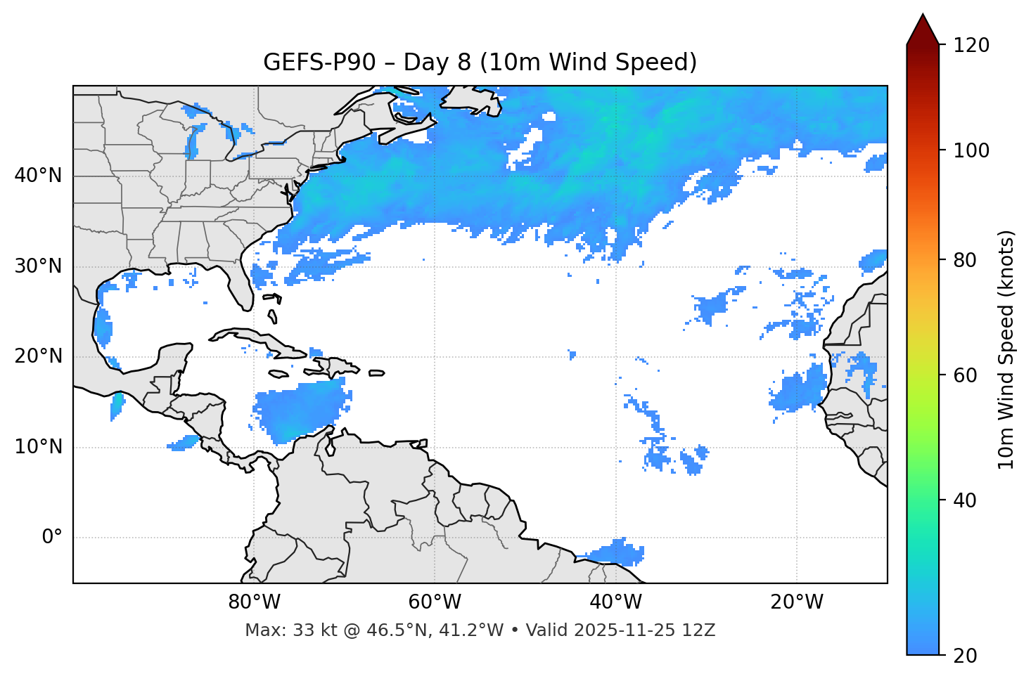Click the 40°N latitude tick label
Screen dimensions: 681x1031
38,176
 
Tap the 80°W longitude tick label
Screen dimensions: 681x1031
254,602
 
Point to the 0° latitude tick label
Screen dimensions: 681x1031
52,538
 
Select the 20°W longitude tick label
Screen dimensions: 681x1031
797,602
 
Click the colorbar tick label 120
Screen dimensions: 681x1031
971,46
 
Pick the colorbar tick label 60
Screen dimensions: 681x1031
966,375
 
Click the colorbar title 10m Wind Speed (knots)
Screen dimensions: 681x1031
1006,349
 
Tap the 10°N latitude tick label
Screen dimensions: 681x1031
38,447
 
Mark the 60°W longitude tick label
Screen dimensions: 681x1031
434,602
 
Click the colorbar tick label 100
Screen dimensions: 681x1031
971,150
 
